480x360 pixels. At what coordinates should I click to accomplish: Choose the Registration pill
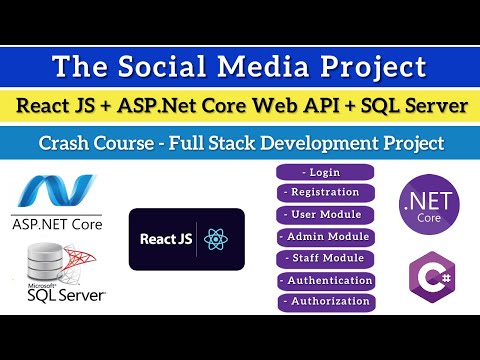click(x=325, y=193)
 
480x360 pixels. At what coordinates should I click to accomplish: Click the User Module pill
click(x=325, y=214)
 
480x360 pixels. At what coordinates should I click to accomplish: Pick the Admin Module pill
click(x=326, y=237)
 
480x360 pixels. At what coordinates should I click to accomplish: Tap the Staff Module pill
click(x=326, y=258)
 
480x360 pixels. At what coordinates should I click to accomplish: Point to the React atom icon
click(x=215, y=239)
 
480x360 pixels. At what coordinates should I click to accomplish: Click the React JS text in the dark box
click(x=167, y=239)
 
